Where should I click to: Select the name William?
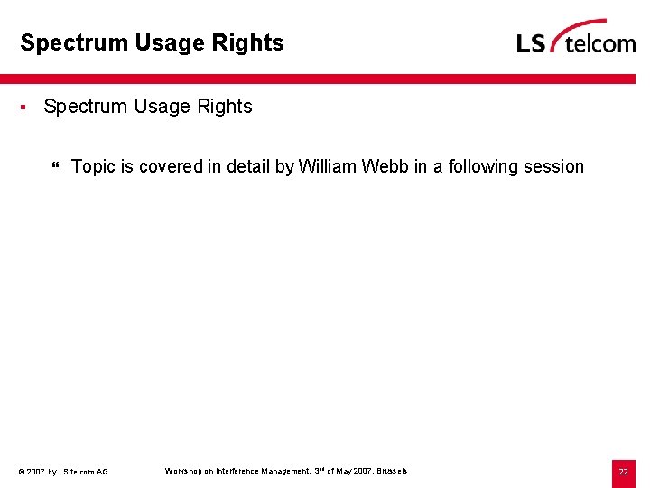pyautogui.click(x=327, y=167)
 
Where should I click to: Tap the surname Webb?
pyautogui.click(x=385, y=167)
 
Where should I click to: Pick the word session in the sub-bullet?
pyautogui.click(x=553, y=167)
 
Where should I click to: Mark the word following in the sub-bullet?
pyautogui.click(x=483, y=167)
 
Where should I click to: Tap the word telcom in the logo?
pyautogui.click(x=599, y=42)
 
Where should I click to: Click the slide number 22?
pyautogui.click(x=623, y=472)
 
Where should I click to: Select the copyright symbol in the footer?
pyautogui.click(x=21, y=472)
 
